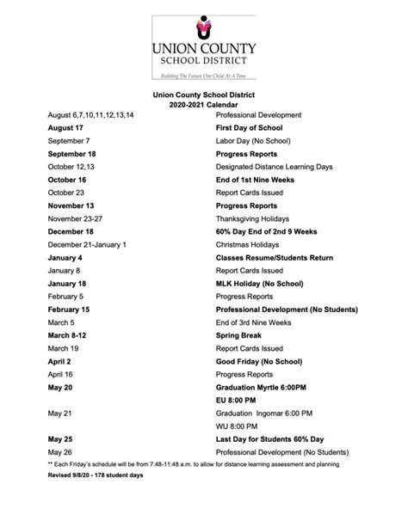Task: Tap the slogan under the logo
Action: point(203,76)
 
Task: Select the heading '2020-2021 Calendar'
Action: point(203,104)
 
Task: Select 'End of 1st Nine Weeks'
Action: point(257,180)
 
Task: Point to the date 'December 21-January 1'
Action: point(87,245)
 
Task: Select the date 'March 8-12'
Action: point(68,334)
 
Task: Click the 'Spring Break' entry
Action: point(241,334)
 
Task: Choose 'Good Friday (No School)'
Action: point(262,361)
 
